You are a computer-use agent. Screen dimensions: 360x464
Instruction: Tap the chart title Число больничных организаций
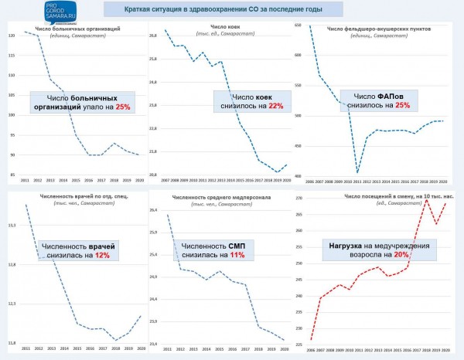click(x=77, y=28)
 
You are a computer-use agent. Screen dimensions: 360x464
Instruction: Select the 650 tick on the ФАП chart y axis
click(x=299, y=26)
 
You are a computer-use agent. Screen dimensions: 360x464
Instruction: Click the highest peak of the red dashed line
click(x=427, y=199)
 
